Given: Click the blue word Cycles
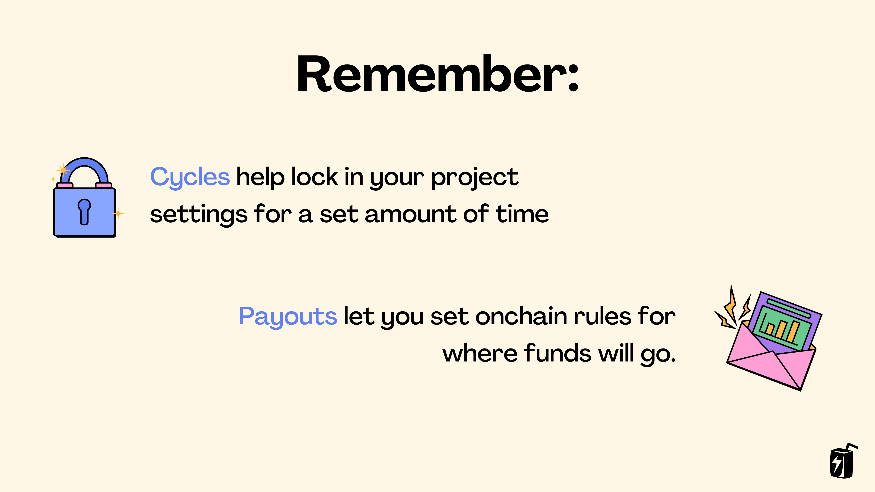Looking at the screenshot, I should pos(190,177).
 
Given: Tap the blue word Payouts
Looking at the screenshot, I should pos(288,316).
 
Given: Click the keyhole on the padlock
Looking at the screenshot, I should pos(84,211).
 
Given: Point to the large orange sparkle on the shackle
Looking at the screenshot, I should pos(63,169).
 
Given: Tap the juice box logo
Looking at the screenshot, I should pos(842,462).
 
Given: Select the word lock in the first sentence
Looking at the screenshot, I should pos(314,177).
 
